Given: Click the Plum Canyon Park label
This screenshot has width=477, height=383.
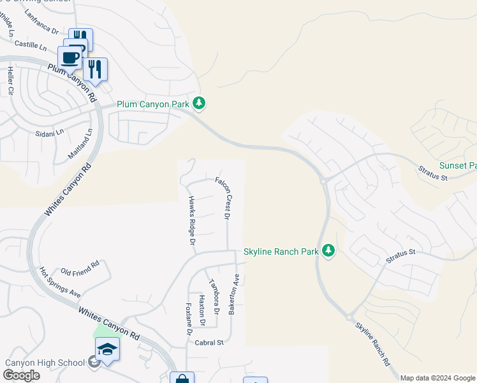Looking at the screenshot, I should coord(153,104).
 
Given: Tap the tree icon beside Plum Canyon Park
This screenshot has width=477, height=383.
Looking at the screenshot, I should coord(200,102).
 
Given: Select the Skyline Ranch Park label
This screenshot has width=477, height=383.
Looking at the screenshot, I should coord(281,252).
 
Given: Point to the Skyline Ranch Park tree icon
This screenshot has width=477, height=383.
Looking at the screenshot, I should coord(328,250).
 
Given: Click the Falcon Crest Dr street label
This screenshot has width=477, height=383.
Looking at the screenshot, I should coord(223,198).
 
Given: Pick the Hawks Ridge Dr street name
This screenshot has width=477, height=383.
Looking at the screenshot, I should coord(191,220).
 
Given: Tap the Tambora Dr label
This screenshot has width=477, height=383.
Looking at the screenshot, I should coord(215,297).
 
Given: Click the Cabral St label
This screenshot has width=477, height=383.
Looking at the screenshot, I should coord(209,342).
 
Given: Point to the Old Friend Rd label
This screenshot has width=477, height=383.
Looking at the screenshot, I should coord(80,264).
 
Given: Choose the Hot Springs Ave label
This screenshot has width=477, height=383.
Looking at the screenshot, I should coord(60,282).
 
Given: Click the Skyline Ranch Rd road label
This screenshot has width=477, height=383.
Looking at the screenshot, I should coord(372,343).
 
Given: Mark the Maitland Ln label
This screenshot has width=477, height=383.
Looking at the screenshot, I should coord(80,144).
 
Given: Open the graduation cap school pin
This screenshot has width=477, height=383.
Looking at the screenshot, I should coord(107,349).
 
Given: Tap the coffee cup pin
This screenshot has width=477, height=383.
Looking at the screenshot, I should coord(70,57).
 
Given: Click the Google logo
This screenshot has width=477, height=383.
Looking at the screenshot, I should coord(21,375).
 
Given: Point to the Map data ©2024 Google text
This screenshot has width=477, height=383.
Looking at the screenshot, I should coord(437,378).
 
